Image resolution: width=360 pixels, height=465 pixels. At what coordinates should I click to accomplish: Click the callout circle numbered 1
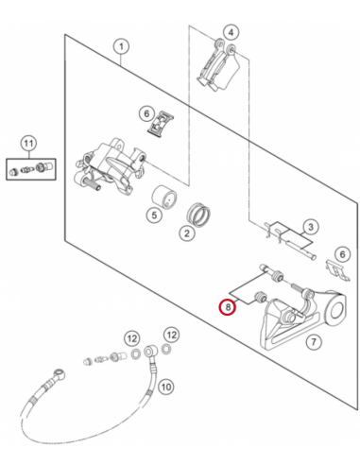pos(121,47)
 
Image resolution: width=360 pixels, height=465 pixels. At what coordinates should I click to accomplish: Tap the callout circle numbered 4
pos(231,32)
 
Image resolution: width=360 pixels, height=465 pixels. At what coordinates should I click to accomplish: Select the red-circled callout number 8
pos(228,307)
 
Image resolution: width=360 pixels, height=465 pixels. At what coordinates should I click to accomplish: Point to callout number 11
pos(28,144)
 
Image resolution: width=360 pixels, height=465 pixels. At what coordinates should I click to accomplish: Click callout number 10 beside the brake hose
pos(165,387)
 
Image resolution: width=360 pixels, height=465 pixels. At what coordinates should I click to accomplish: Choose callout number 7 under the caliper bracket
pos(314,341)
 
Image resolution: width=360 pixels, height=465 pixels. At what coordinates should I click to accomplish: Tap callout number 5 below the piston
pos(154,215)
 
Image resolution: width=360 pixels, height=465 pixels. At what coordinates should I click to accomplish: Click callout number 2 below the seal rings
pos(187,233)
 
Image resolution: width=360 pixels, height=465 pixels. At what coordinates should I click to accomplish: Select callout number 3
pos(311,227)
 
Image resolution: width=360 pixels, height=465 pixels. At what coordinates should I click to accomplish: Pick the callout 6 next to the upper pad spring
pos(146,113)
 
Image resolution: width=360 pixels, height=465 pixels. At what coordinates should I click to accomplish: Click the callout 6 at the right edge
pos(342,254)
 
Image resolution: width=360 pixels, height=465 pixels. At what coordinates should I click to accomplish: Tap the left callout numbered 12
pos(132,339)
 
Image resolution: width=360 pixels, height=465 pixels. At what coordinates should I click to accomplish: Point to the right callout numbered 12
pos(171,335)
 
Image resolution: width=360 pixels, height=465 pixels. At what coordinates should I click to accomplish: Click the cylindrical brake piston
pos(164,197)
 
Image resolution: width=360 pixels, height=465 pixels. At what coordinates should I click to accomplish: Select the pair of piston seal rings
pos(198,215)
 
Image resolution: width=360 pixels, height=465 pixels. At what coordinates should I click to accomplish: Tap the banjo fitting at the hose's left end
pos(59,373)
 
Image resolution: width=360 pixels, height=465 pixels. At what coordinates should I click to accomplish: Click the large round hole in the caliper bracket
pos(336,310)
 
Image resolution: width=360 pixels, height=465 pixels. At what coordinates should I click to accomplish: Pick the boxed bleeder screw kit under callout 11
pos(31,169)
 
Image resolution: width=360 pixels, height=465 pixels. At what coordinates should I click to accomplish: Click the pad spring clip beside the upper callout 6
pos(161,124)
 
